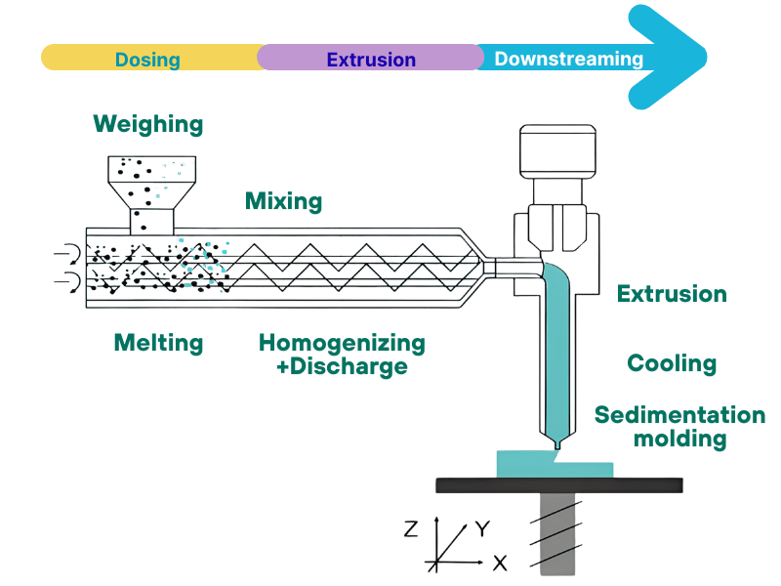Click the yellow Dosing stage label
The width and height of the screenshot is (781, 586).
point(147,59)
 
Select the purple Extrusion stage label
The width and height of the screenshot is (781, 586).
point(371,59)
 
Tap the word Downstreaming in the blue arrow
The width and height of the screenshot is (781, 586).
point(568,59)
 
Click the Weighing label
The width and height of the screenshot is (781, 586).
point(148,124)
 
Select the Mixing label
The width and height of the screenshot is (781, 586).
point(283,202)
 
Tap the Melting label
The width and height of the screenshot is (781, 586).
point(158,343)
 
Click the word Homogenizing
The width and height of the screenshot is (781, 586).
point(342,343)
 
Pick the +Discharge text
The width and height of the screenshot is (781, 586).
point(333,367)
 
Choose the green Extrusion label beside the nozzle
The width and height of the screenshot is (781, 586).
point(672,294)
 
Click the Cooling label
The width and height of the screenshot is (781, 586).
point(672,364)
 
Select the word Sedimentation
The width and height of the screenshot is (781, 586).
point(679,415)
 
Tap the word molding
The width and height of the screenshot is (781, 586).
point(679,439)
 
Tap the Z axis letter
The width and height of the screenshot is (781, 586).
point(411,529)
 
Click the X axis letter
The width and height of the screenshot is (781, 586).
point(500,564)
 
